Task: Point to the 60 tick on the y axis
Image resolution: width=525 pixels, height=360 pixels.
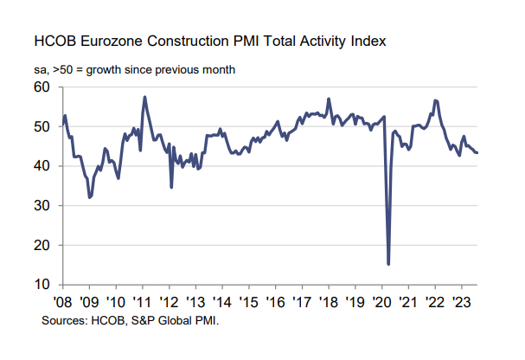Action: coord(42,87)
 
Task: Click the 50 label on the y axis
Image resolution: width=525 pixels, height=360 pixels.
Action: coord(42,126)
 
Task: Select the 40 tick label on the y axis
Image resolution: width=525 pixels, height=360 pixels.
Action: coord(42,166)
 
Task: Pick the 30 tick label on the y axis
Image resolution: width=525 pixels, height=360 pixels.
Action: coord(42,206)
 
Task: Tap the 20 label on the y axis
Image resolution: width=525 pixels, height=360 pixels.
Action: coord(42,246)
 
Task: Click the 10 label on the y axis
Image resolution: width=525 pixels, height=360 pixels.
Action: coord(42,285)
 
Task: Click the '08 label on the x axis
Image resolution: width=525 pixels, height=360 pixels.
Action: coord(62,302)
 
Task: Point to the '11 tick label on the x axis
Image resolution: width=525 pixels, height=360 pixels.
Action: coord(142,302)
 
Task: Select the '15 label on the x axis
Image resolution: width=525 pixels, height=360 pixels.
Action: coord(248,302)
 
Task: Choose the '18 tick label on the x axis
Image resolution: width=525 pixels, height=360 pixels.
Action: coord(328,302)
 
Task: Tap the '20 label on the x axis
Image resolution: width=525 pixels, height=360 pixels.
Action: coord(381,302)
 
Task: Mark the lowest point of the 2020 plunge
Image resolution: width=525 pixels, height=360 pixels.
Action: coord(388,264)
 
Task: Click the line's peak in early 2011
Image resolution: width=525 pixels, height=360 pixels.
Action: coord(144,97)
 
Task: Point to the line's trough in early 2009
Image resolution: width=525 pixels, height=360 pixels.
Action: coord(89,197)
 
